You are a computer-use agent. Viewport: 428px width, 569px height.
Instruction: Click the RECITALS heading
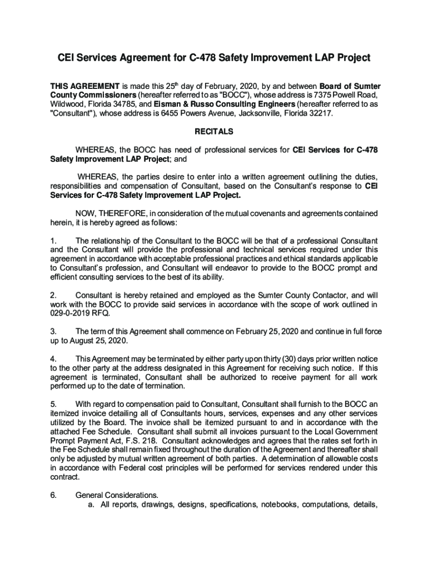214,132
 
